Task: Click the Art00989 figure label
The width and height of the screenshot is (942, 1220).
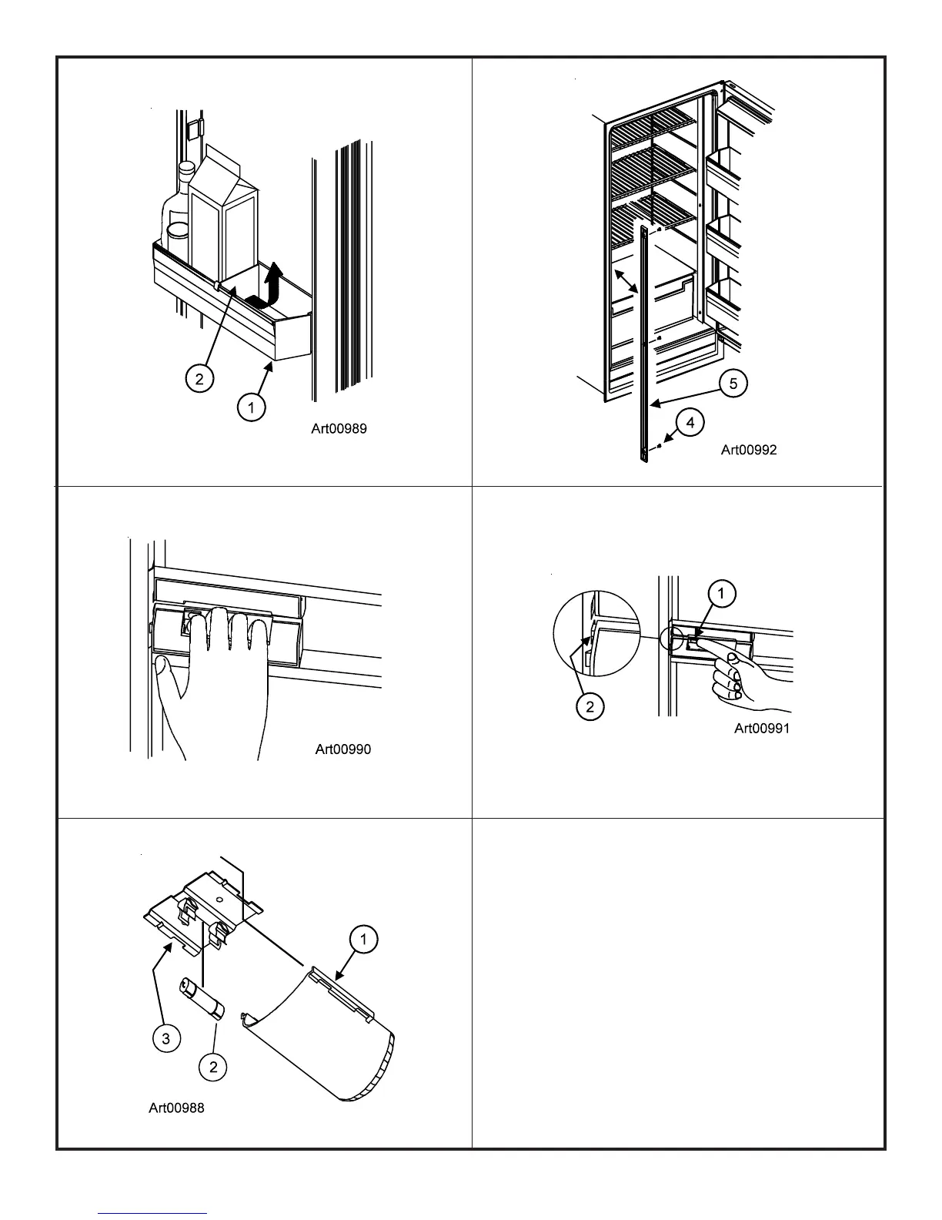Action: (339, 429)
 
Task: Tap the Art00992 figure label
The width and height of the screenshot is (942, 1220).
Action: (748, 450)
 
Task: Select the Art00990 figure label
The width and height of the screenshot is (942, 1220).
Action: (342, 749)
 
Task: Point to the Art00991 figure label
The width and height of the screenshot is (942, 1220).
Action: (761, 728)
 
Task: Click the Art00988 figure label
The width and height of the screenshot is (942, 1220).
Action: (176, 1108)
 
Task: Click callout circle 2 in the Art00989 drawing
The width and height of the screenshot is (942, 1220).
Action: (199, 378)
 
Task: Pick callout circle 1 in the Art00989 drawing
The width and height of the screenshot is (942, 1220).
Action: (251, 407)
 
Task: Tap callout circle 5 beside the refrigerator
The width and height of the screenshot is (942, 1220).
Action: (733, 384)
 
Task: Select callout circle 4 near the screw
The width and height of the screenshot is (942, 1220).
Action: (690, 422)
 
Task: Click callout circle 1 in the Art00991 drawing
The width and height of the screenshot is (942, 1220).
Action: (720, 594)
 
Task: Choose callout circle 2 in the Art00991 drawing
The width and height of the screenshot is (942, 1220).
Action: (590, 707)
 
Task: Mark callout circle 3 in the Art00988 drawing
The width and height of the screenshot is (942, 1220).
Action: (165, 1039)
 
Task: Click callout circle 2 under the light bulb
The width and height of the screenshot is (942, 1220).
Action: (213, 1066)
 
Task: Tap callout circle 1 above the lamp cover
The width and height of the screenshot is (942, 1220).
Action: (363, 939)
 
